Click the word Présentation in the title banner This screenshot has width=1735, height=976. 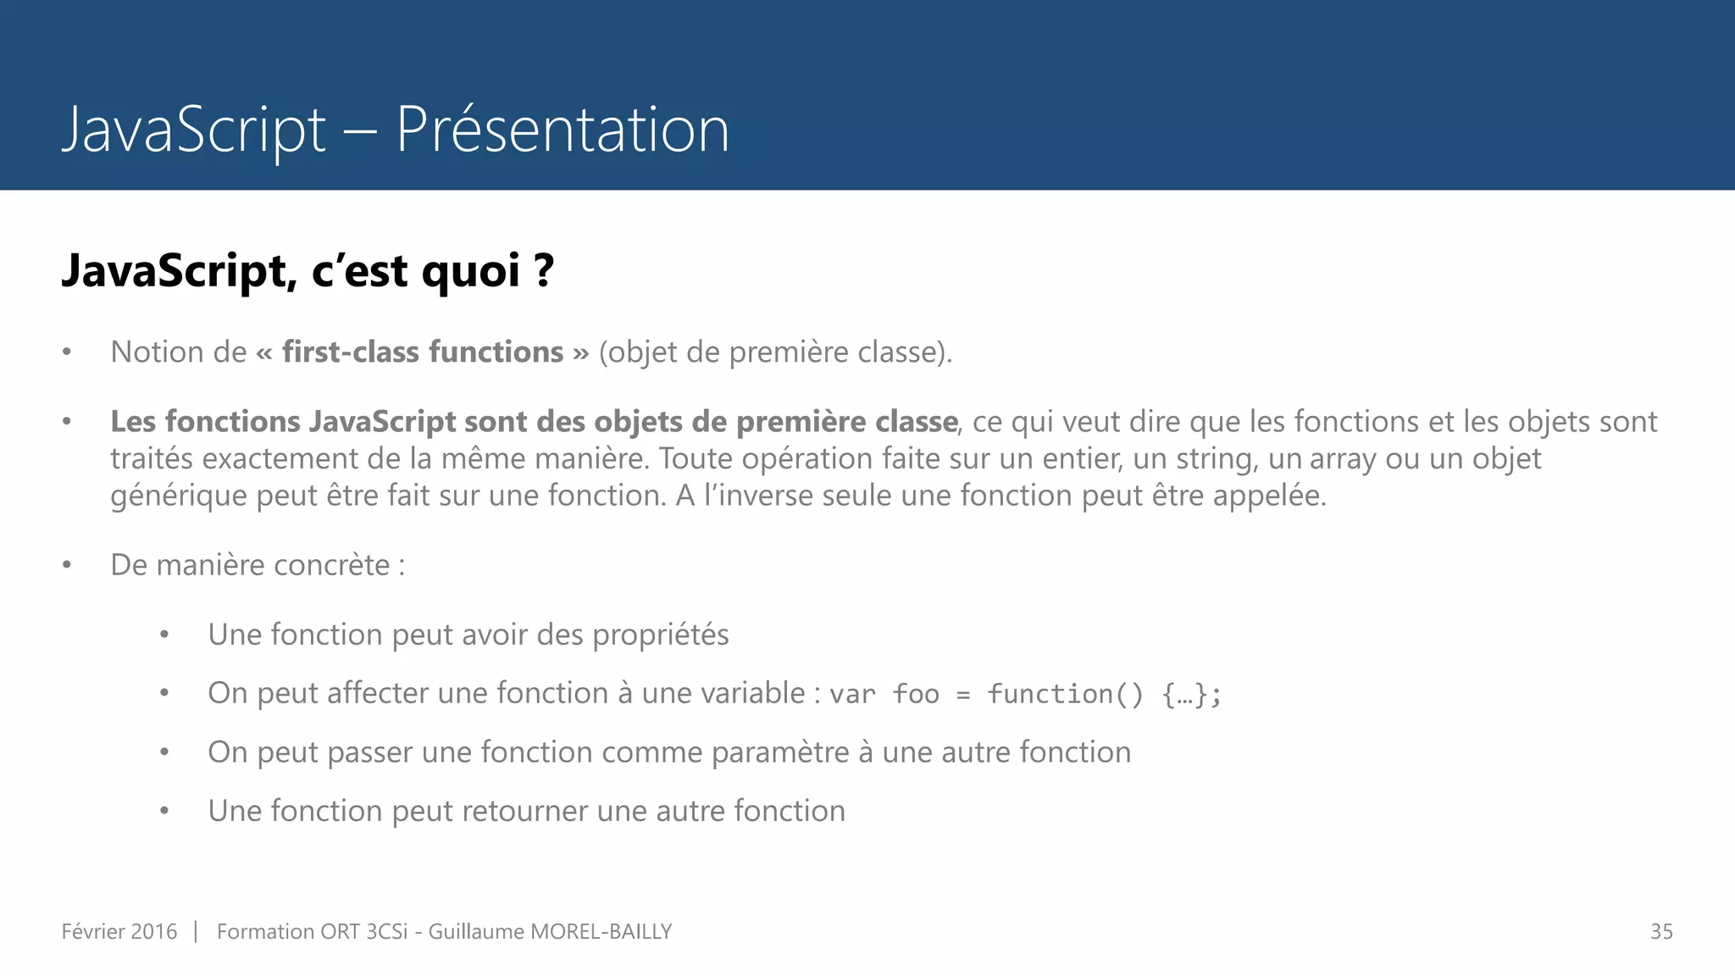tap(563, 130)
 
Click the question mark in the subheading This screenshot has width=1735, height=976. tap(544, 271)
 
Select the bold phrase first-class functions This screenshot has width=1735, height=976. tap(423, 352)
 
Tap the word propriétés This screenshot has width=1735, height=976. tap(660, 635)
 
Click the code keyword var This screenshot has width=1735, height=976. tap(852, 694)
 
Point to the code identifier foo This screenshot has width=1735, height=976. tap(916, 694)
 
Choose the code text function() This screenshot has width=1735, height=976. tap(1065, 694)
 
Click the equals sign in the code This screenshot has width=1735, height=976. tap(962, 695)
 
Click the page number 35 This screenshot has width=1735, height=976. tap(1661, 932)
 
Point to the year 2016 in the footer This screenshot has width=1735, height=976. tap(154, 932)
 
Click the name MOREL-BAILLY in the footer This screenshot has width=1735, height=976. tap(601, 932)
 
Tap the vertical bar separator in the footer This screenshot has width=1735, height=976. tap(196, 932)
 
